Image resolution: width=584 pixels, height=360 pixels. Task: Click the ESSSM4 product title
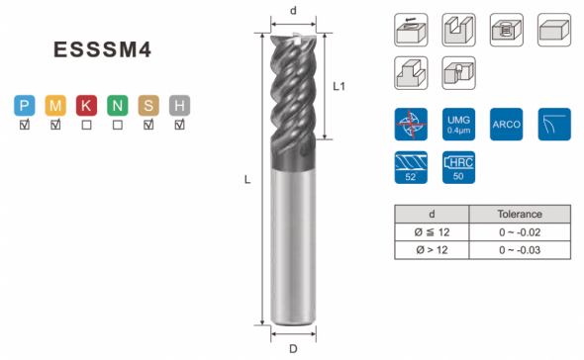point(102,49)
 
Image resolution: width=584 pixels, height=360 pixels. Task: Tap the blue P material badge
point(25,106)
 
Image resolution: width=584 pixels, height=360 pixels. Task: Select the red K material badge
point(86,106)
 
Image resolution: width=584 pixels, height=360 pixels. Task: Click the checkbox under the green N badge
point(118,125)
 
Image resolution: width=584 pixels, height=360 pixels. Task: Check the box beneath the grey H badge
point(179,125)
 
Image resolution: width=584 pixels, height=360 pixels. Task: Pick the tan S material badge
point(148,106)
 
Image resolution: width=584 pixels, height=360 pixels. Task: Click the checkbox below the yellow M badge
point(55,125)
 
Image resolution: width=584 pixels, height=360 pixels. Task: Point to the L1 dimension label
point(339,86)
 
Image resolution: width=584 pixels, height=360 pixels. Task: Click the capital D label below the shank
point(294,349)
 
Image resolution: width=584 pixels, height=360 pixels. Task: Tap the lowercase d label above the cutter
point(294,11)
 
